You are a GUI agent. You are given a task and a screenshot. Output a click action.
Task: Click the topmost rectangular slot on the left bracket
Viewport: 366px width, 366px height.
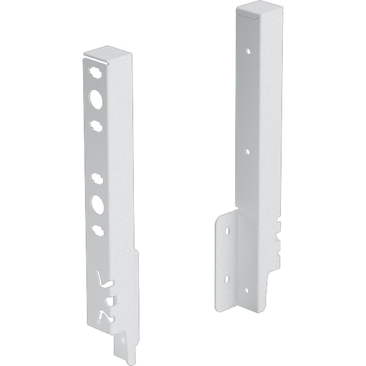[x=95, y=72]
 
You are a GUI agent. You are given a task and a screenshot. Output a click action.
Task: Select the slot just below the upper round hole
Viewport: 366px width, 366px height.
[x=96, y=124]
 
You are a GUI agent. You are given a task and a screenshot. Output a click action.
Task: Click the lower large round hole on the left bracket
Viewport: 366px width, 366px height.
[x=97, y=203]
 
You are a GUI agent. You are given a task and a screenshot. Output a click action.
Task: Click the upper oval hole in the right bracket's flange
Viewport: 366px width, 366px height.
[x=226, y=231]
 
